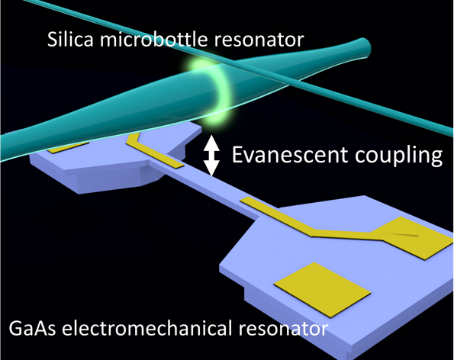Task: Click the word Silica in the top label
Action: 70,39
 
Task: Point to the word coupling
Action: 398,156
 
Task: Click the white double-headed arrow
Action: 211,156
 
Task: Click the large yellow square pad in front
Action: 323,289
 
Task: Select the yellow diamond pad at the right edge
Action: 413,237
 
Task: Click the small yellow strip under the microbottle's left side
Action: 68,147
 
